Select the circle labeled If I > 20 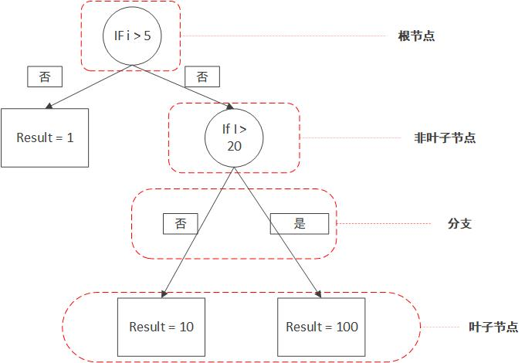(x=234, y=138)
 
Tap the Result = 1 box (x=45, y=137)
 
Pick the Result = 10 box (x=161, y=326)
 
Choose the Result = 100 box (x=321, y=326)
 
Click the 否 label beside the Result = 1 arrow (x=45, y=76)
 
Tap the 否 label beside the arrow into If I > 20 (x=202, y=76)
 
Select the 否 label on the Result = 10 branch (x=180, y=224)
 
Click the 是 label (x=300, y=224)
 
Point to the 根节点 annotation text (x=415, y=36)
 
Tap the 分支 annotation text (x=459, y=224)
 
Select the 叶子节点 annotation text (x=493, y=327)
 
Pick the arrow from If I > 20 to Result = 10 (x=199, y=232)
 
